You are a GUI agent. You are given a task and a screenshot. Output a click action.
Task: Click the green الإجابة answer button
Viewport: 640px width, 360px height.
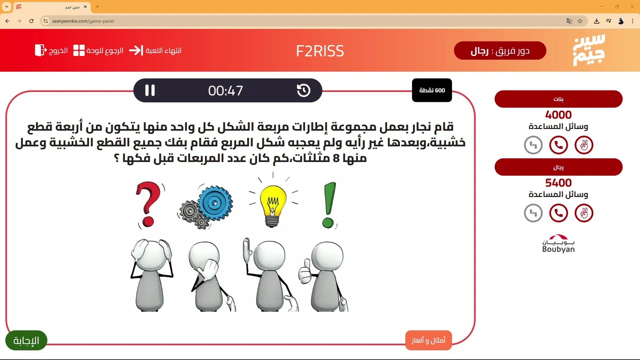click(x=26, y=340)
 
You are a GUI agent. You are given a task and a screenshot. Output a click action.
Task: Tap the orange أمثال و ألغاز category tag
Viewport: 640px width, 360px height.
click(x=428, y=340)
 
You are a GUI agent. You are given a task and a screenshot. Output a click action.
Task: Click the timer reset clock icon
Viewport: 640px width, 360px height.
click(x=303, y=90)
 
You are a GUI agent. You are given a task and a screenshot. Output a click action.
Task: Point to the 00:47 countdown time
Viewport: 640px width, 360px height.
click(x=225, y=90)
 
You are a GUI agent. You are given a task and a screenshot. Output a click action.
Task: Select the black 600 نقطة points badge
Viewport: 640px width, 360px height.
click(x=431, y=90)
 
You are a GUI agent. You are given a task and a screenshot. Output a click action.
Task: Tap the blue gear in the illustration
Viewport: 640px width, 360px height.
click(x=215, y=203)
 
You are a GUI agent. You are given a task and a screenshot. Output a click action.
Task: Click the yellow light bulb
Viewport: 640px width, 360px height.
click(x=272, y=205)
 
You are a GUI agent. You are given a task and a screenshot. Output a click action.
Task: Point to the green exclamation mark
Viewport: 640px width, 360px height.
click(x=329, y=205)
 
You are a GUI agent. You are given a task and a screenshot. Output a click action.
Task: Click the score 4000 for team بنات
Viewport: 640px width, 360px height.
click(x=558, y=115)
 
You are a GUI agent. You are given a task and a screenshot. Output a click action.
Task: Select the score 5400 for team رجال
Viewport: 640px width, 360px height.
click(x=558, y=183)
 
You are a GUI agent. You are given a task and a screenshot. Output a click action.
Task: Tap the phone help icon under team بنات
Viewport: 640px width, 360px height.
click(x=558, y=145)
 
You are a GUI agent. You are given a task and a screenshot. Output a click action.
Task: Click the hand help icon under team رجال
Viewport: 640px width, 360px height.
click(x=584, y=213)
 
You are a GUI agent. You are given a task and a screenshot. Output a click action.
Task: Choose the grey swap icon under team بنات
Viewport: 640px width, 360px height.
click(x=533, y=145)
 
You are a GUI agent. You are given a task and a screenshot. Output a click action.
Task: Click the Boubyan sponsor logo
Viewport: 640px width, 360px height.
click(x=558, y=243)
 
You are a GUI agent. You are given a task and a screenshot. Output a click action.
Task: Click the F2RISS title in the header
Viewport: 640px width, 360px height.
click(x=320, y=51)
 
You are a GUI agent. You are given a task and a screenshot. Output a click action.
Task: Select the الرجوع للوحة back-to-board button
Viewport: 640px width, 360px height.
click(x=98, y=50)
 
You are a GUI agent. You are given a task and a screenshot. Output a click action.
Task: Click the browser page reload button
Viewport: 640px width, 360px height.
click(x=31, y=21)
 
